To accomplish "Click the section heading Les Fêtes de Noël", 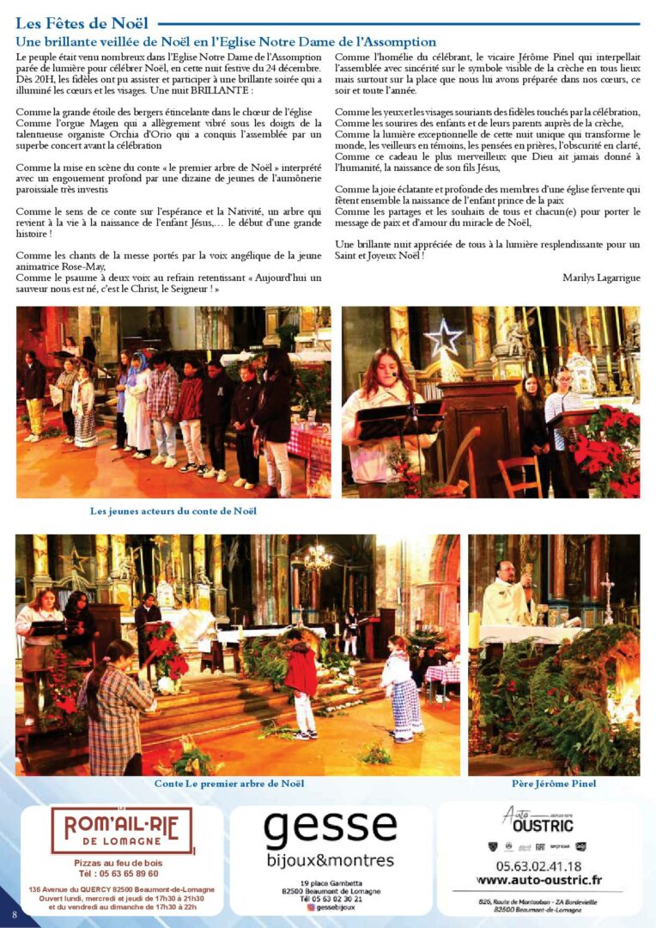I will click(x=82, y=23).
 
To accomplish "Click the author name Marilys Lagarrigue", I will click(x=601, y=278).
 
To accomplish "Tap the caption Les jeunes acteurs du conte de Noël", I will click(x=173, y=511).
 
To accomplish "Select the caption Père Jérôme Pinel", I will click(x=554, y=784).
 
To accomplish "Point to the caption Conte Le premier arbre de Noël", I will click(x=229, y=784).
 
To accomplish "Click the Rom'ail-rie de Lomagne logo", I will click(x=120, y=831).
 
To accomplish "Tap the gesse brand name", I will click(x=330, y=829).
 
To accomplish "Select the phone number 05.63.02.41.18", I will click(x=538, y=866).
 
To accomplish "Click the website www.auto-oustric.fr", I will click(x=538, y=880).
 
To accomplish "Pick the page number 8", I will click(x=14, y=914).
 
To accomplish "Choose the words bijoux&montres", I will click(x=330, y=860).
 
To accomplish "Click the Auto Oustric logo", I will click(x=538, y=821).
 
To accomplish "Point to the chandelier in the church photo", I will click(x=318, y=559).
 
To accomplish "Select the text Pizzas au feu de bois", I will click(x=117, y=862).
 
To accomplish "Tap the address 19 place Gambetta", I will click(x=331, y=883).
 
